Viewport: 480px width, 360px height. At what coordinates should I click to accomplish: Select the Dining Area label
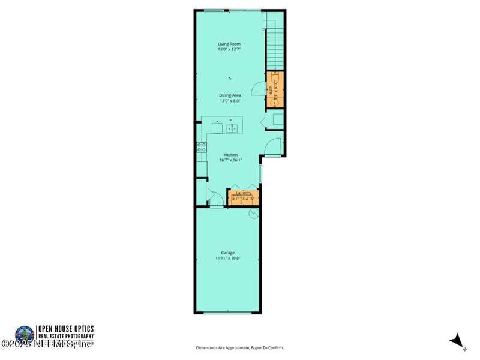(230, 95)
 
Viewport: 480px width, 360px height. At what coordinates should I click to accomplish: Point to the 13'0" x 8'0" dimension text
(230, 101)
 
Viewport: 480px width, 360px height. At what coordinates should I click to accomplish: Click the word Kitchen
(231, 155)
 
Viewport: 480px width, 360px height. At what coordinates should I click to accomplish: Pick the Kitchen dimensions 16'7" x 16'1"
(231, 160)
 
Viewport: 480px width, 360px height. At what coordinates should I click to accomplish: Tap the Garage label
(227, 253)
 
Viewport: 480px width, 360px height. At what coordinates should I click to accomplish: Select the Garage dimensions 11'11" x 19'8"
(227, 258)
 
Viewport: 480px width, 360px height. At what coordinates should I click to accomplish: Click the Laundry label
(243, 193)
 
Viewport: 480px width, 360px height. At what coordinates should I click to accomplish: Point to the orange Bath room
(274, 89)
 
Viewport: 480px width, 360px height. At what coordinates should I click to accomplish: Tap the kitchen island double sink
(233, 127)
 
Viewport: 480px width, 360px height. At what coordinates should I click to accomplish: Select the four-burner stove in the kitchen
(201, 148)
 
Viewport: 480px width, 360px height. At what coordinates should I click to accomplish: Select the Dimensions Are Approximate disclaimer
(240, 348)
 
